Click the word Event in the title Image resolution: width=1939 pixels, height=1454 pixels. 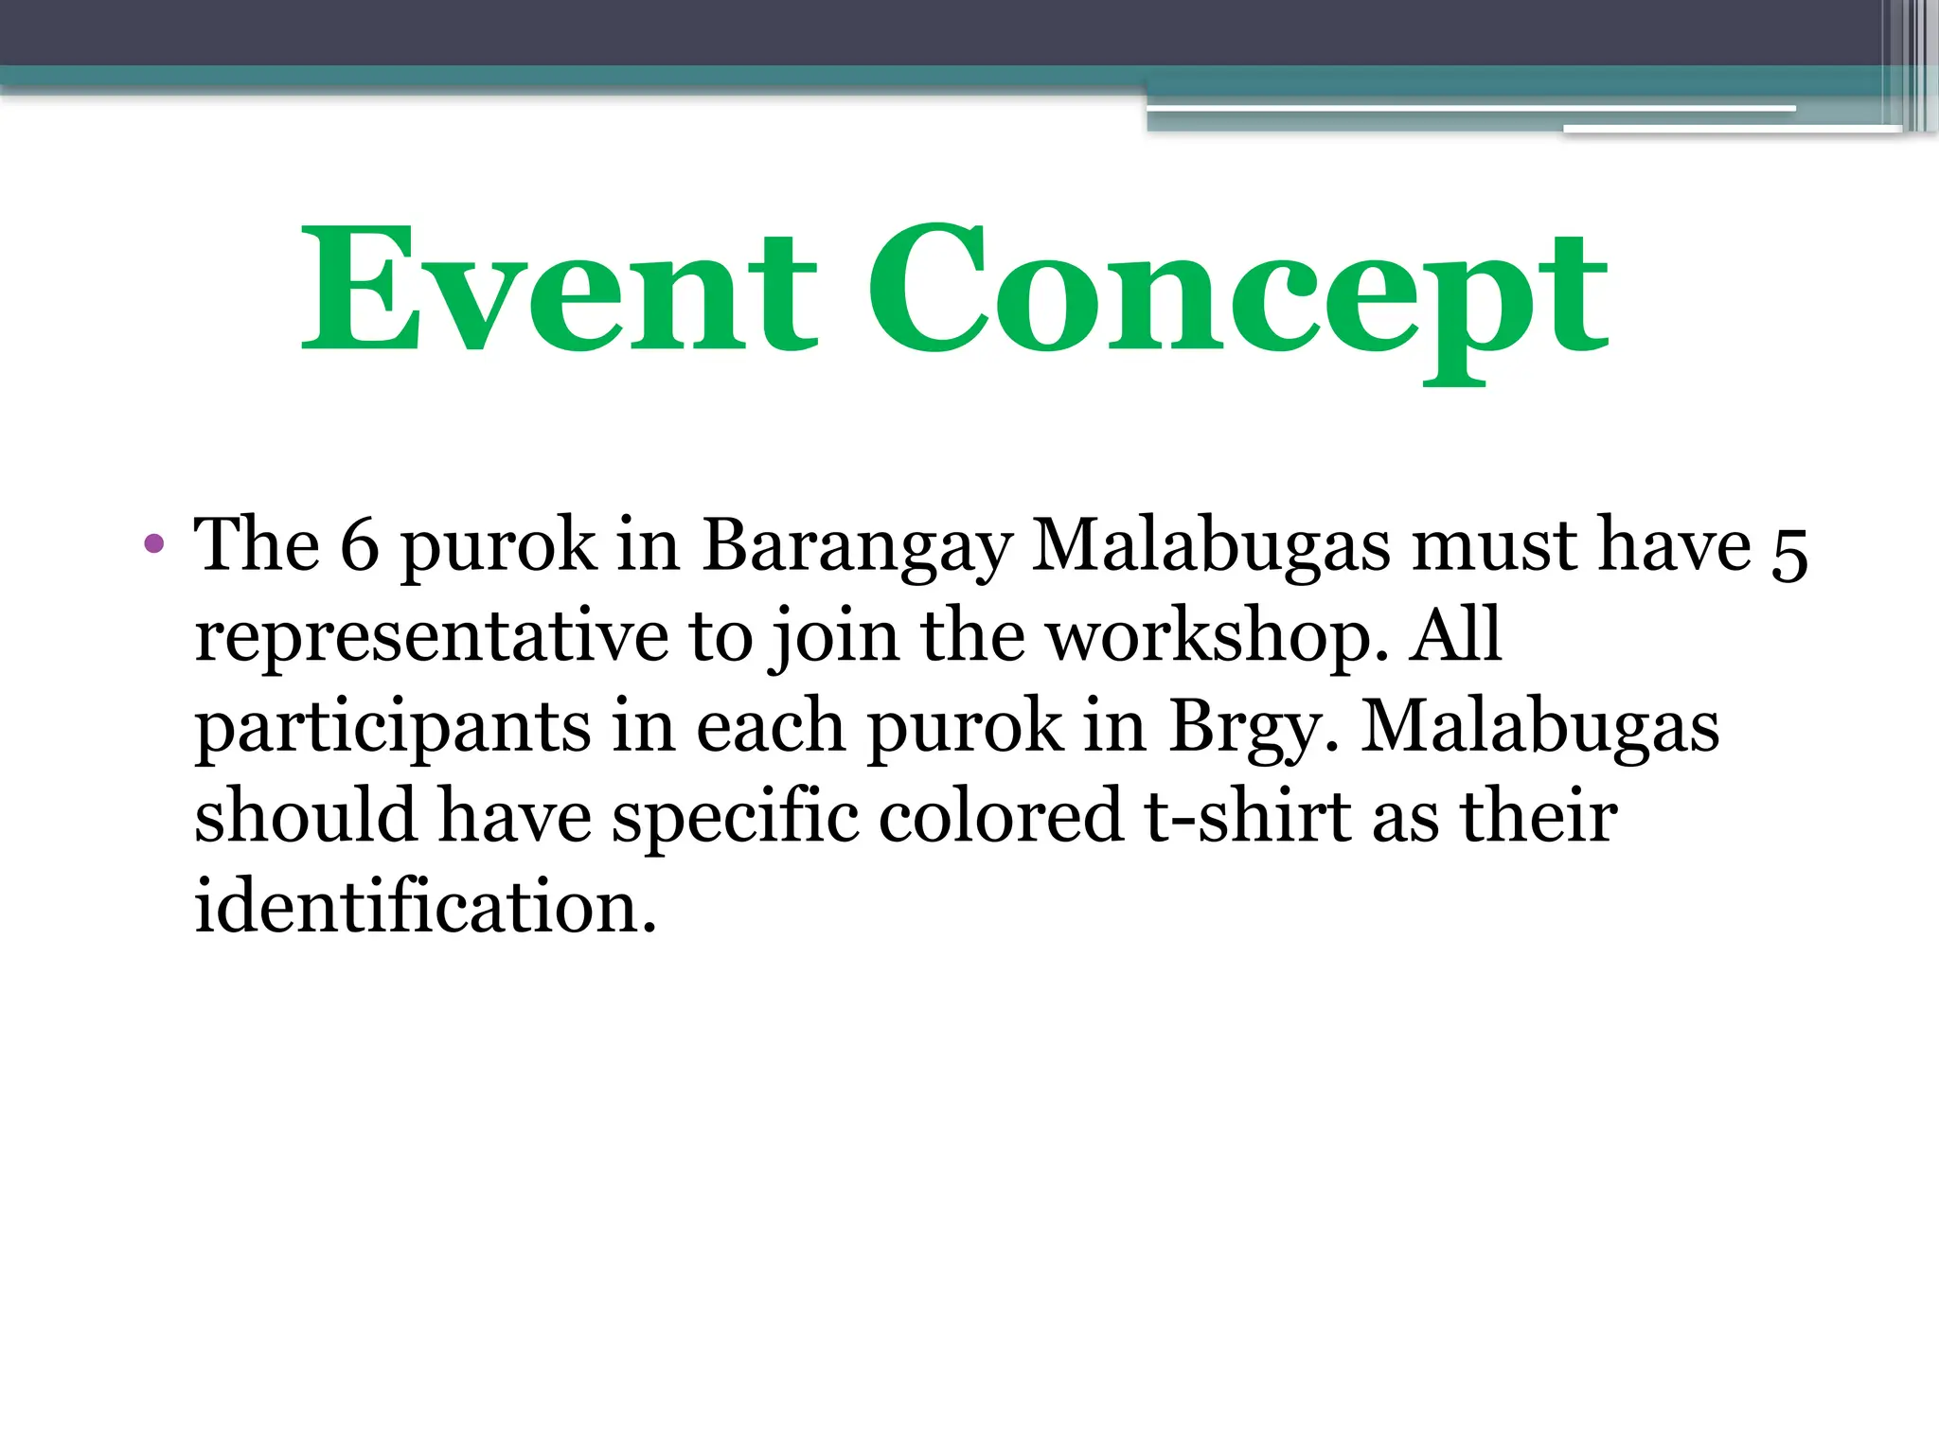[559, 289]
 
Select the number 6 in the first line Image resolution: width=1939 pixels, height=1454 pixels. [359, 546]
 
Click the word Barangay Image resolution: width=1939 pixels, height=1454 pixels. [857, 549]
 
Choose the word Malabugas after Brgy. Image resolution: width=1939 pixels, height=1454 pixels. [1539, 729]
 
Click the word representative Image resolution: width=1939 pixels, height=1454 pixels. [431, 637]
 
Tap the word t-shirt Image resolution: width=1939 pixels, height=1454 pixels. [1248, 816]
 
